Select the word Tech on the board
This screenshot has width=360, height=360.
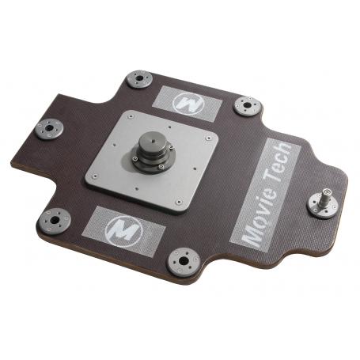(279, 161)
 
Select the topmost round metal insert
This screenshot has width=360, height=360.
(139, 79)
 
